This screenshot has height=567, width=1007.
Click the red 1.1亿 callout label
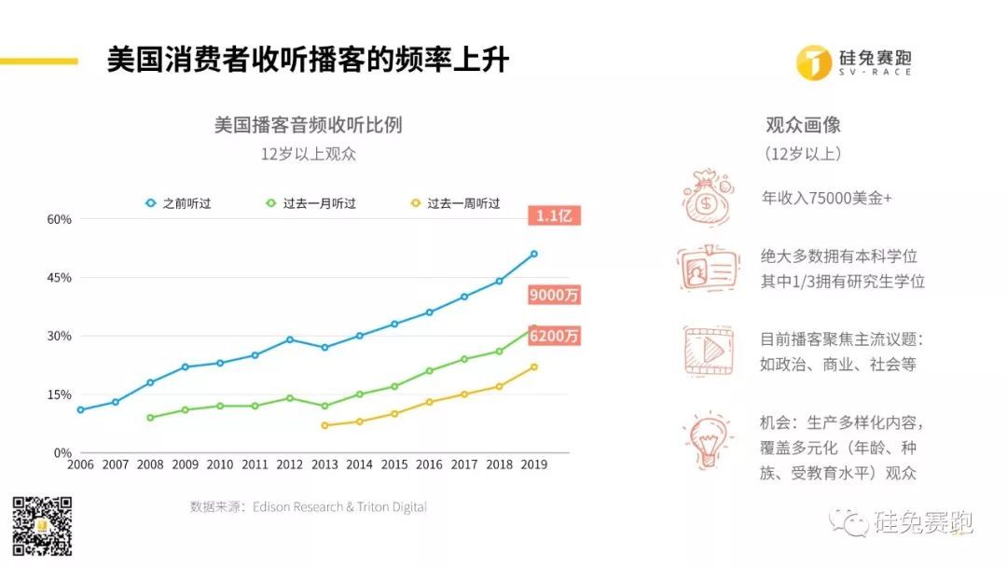(558, 216)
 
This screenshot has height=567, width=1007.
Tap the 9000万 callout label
(554, 295)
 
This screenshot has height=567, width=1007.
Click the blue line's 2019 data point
(533, 254)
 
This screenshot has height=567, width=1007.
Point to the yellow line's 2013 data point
(324, 425)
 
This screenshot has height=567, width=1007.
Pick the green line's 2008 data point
(150, 418)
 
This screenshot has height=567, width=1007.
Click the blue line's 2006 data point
(80, 409)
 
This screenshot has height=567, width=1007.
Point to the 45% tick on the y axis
(60, 278)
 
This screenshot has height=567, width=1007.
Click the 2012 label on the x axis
(290, 464)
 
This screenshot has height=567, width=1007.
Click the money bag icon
(708, 197)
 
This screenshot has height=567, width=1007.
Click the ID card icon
(708, 269)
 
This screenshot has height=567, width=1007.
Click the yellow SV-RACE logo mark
(813, 62)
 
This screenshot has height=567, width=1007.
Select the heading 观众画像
(803, 125)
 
